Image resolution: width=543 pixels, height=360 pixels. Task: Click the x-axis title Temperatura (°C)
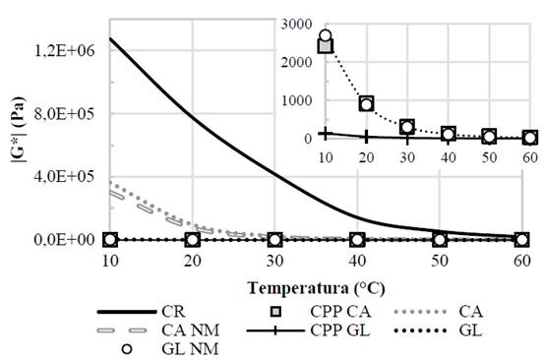pyautogui.click(x=316, y=289)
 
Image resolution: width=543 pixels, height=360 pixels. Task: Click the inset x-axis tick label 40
pyautogui.click(x=448, y=157)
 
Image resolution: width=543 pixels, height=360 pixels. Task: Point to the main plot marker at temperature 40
pyautogui.click(x=358, y=239)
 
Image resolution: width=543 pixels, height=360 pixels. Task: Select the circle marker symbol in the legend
pyautogui.click(x=124, y=349)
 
